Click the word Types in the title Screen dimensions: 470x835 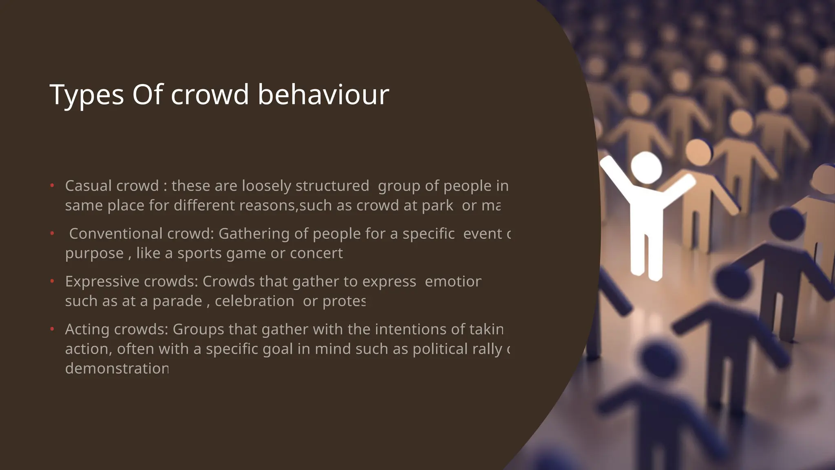86,95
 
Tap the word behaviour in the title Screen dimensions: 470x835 323,94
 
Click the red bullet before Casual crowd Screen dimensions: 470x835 52,186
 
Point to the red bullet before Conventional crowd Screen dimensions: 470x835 52,234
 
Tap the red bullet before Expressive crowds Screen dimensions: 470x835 52,282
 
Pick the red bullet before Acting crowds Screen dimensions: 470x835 52,329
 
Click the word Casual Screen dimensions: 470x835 88,186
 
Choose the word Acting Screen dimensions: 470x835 87,329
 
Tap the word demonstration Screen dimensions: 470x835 117,368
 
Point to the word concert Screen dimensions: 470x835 316,253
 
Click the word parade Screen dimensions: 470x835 177,301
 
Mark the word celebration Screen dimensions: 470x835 254,301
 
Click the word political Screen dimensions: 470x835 440,349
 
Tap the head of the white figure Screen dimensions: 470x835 646,167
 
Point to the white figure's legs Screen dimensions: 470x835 647,253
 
